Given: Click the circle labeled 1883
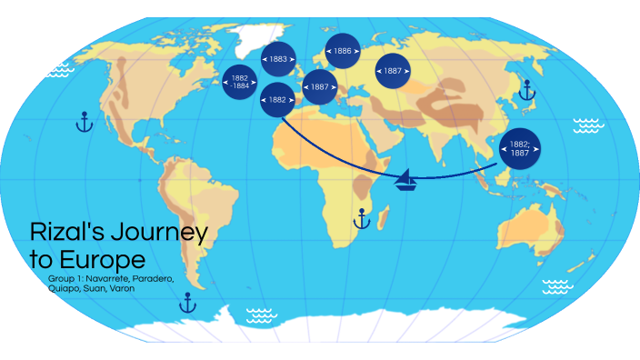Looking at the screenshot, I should (279, 59).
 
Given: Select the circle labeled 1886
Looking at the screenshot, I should (343, 52).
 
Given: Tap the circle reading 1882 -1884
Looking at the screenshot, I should (240, 81).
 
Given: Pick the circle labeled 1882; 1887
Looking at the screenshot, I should (519, 148).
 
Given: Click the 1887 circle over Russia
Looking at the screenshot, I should (394, 70).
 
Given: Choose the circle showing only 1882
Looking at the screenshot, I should (277, 99).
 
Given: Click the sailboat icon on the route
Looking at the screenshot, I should (407, 180).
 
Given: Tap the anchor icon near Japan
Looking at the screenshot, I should (525, 90).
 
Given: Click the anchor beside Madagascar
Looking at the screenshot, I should (362, 218).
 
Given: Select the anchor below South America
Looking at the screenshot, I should (188, 302).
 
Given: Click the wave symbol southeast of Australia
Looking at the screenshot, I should (557, 287).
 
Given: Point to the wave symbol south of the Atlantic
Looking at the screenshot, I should (262, 315).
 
